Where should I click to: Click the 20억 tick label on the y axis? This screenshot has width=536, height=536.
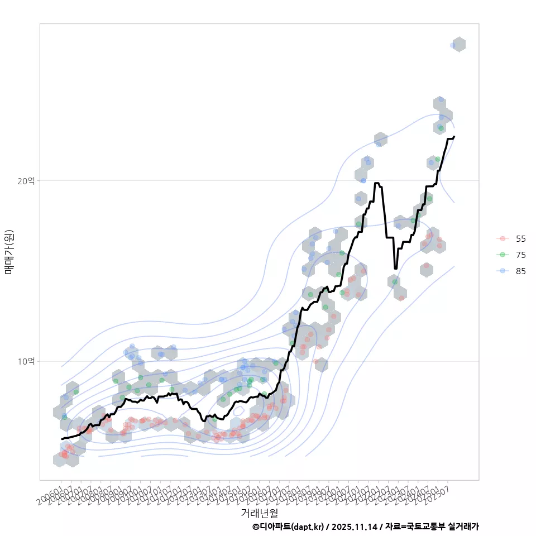point(26,181)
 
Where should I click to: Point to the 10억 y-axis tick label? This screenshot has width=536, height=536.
point(26,362)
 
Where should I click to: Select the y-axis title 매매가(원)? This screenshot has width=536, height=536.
point(9,251)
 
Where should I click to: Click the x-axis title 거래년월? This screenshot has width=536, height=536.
point(259,513)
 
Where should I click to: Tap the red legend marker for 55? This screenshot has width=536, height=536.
point(502,238)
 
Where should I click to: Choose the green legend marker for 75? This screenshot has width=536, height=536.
point(502,255)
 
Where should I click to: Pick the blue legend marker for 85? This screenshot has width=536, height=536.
point(502,271)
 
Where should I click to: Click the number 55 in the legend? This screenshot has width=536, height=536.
point(520,238)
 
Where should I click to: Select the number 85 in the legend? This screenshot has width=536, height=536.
point(520,271)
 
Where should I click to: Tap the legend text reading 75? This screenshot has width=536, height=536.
point(520,255)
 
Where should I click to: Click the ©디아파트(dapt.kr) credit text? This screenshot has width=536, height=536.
point(288,527)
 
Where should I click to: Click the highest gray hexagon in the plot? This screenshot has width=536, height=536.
point(458,45)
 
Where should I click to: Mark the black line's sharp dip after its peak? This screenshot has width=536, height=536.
point(395,268)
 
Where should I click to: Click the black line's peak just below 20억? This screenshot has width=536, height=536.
point(377,183)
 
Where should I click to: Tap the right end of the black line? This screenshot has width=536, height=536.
point(454,136)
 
